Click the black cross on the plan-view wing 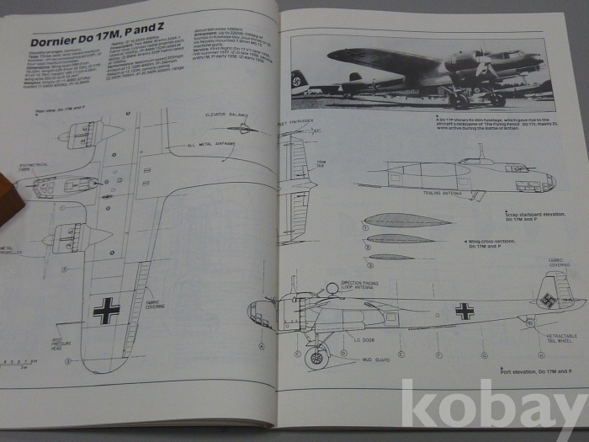[106, 310]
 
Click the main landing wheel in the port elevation [316, 358]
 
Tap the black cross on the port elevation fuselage [464, 311]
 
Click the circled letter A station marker [262, 346]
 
